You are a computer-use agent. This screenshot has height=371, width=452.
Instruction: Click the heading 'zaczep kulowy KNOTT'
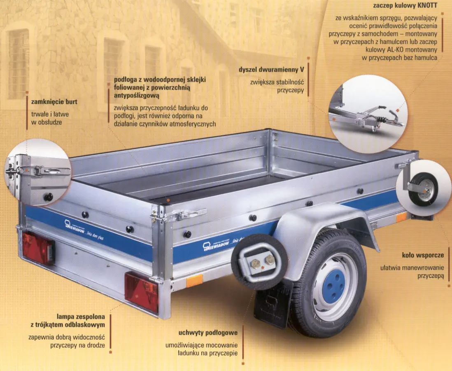(x=405, y=5)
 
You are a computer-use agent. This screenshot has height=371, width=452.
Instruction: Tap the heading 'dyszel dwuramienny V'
(x=271, y=70)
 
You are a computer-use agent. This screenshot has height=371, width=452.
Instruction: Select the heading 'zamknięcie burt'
(x=54, y=102)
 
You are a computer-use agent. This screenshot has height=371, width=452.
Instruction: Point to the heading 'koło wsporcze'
(x=423, y=255)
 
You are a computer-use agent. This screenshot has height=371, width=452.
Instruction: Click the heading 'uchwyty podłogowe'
(x=208, y=333)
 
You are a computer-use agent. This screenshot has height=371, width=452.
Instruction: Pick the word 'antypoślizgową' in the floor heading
(x=137, y=96)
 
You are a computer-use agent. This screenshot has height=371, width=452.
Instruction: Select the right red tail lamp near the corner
(x=142, y=292)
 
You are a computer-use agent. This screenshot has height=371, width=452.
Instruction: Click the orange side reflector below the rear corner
(x=194, y=281)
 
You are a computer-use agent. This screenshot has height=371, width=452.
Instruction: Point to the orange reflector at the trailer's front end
(x=401, y=218)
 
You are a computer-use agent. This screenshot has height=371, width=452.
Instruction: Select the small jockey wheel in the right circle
(x=423, y=189)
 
